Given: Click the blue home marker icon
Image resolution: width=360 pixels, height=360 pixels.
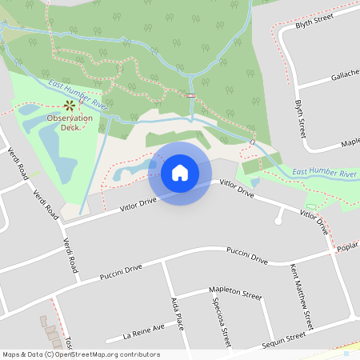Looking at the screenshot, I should (x=179, y=173).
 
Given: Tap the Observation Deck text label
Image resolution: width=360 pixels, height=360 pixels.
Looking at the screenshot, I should (x=69, y=122).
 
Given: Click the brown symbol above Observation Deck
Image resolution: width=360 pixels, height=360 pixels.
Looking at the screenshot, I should (x=69, y=105).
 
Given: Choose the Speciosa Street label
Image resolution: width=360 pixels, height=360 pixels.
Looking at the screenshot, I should (x=222, y=321).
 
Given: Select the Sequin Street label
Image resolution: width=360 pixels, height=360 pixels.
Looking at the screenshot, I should (x=283, y=341).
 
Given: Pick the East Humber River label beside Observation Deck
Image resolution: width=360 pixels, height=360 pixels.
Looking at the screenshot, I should (x=78, y=94).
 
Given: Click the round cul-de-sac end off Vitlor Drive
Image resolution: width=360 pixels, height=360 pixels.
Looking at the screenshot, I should (x=278, y=218).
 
